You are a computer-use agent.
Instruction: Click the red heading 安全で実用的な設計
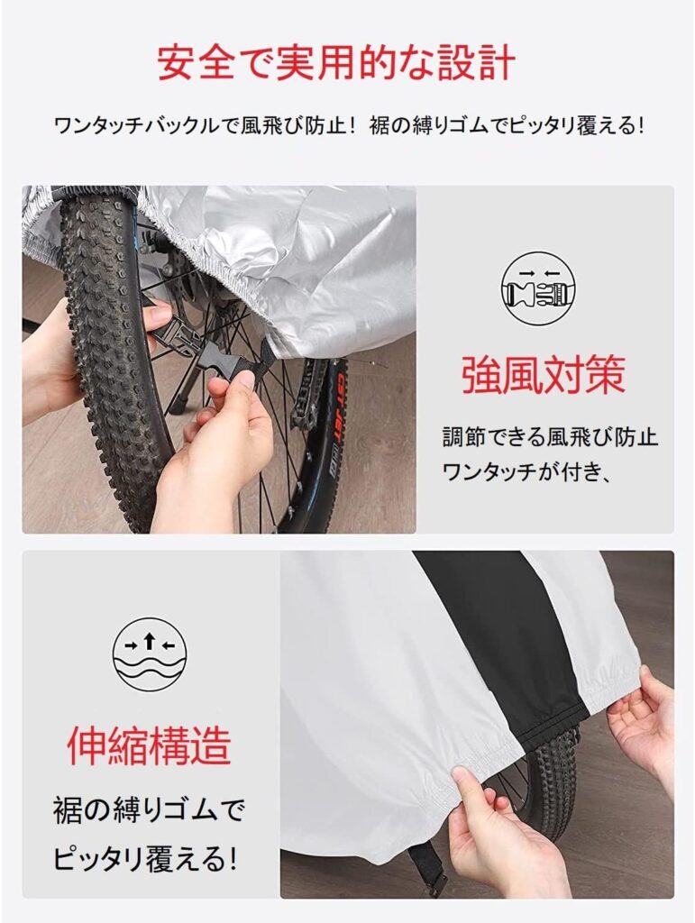(336, 63)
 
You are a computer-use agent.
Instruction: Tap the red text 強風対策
(543, 375)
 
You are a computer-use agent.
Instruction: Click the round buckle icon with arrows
(538, 289)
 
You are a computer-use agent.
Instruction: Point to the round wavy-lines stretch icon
(150, 654)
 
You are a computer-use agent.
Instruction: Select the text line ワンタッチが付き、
(526, 471)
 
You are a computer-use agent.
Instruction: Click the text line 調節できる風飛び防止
(550, 437)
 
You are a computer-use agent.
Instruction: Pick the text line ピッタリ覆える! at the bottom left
(145, 859)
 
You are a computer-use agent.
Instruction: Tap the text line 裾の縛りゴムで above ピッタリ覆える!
(149, 810)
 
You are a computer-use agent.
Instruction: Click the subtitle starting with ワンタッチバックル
(348, 125)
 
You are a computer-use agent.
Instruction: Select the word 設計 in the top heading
(479, 63)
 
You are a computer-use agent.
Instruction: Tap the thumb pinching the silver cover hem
(468, 786)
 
